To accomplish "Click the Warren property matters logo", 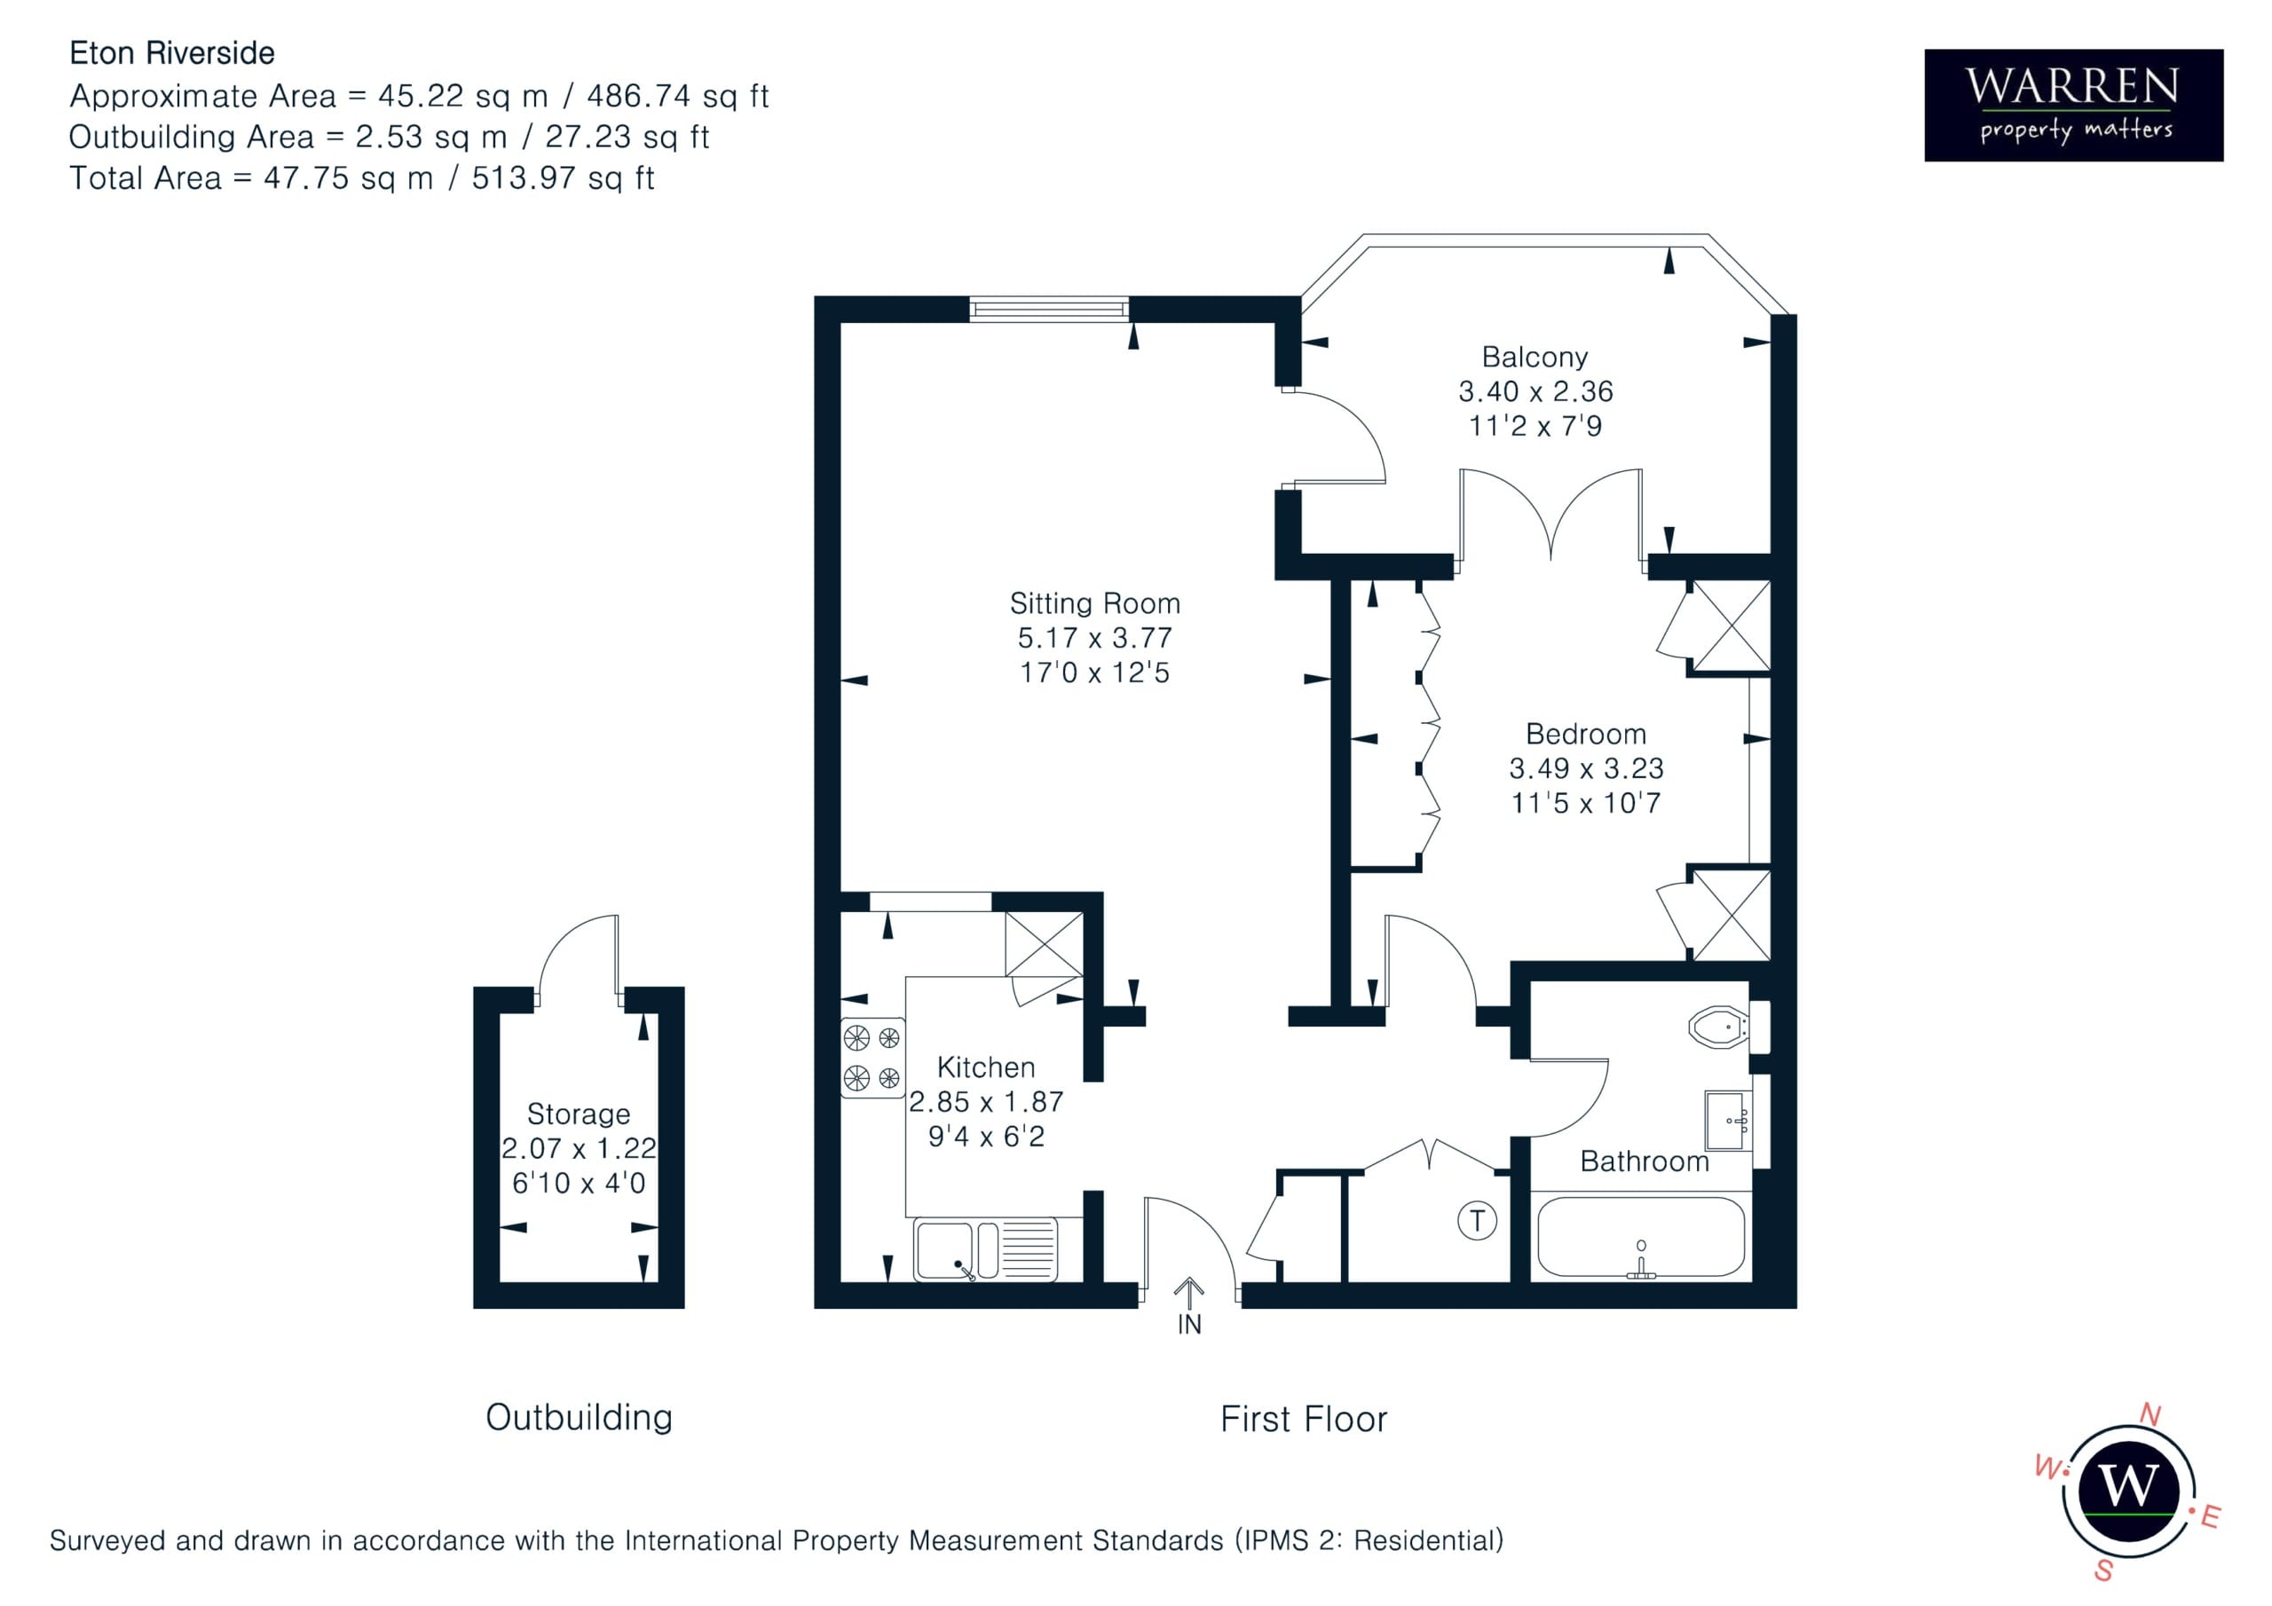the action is tap(2073, 105).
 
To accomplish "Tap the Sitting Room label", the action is tap(1094, 602).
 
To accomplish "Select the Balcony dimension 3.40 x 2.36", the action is tap(1534, 391).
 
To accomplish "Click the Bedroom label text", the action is tap(1585, 733).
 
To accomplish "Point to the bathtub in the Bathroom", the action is tap(1641, 1237).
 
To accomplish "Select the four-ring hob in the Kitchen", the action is tap(872, 1057).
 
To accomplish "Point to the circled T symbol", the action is tap(1477, 1220).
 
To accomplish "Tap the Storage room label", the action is tap(578, 1114).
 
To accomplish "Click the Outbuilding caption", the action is tap(579, 1417).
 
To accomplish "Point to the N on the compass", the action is tap(2150, 1413).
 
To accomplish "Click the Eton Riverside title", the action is tap(172, 52).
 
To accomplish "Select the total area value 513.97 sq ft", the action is tap(562, 178).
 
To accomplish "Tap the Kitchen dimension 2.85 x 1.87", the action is tap(986, 1101).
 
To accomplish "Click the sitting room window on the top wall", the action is tap(1049, 309).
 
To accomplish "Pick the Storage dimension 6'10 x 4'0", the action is tap(578, 1183).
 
